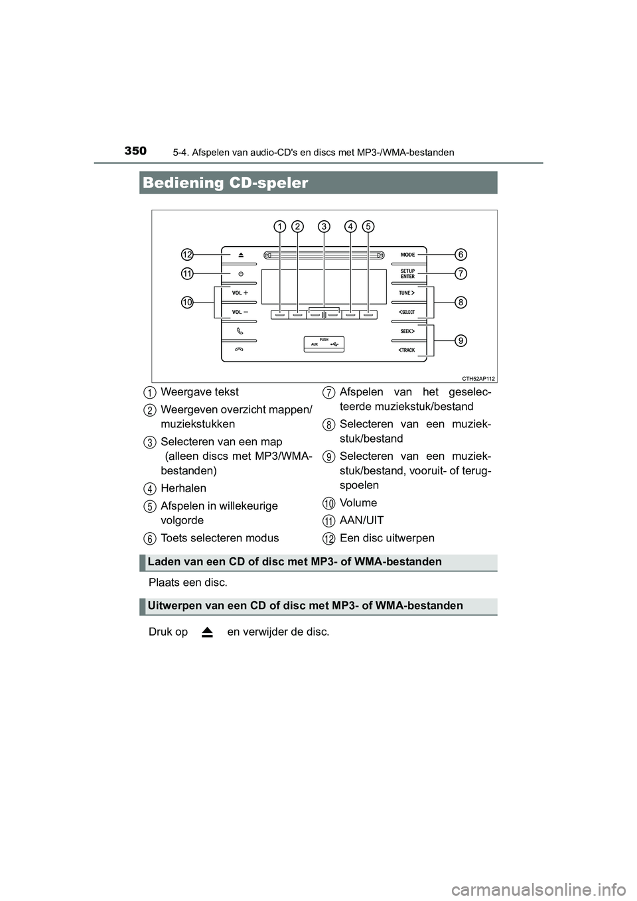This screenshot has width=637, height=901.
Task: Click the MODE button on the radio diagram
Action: pos(407,255)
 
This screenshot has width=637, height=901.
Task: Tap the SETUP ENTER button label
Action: pos(407,273)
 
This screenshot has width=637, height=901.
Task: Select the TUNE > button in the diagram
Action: pos(407,293)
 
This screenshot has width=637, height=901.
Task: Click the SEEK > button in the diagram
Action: pos(407,330)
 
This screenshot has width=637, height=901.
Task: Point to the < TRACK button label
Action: pos(407,350)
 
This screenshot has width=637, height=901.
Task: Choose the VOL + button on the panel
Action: pos(240,293)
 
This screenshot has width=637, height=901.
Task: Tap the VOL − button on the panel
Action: pos(240,311)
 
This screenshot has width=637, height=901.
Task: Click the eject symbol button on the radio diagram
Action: pos(240,255)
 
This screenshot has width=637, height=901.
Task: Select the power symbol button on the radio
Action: pos(240,273)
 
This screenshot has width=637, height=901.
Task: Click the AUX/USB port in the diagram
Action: pos(324,344)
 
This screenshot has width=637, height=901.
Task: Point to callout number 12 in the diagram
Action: pos(188,255)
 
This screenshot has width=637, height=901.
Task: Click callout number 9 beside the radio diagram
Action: pos(460,340)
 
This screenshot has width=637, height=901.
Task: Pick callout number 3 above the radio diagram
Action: pos(324,226)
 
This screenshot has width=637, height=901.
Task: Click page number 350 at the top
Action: pos(135,151)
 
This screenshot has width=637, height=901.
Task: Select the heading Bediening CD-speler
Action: pos(226,183)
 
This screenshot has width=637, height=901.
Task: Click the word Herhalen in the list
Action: pos(183,488)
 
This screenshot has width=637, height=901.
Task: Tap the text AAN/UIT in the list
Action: pos(361,520)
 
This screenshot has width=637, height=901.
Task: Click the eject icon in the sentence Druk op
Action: pos(207,632)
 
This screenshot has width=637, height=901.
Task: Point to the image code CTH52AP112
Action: pos(478,378)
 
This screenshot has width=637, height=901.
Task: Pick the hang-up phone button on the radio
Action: pos(240,350)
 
